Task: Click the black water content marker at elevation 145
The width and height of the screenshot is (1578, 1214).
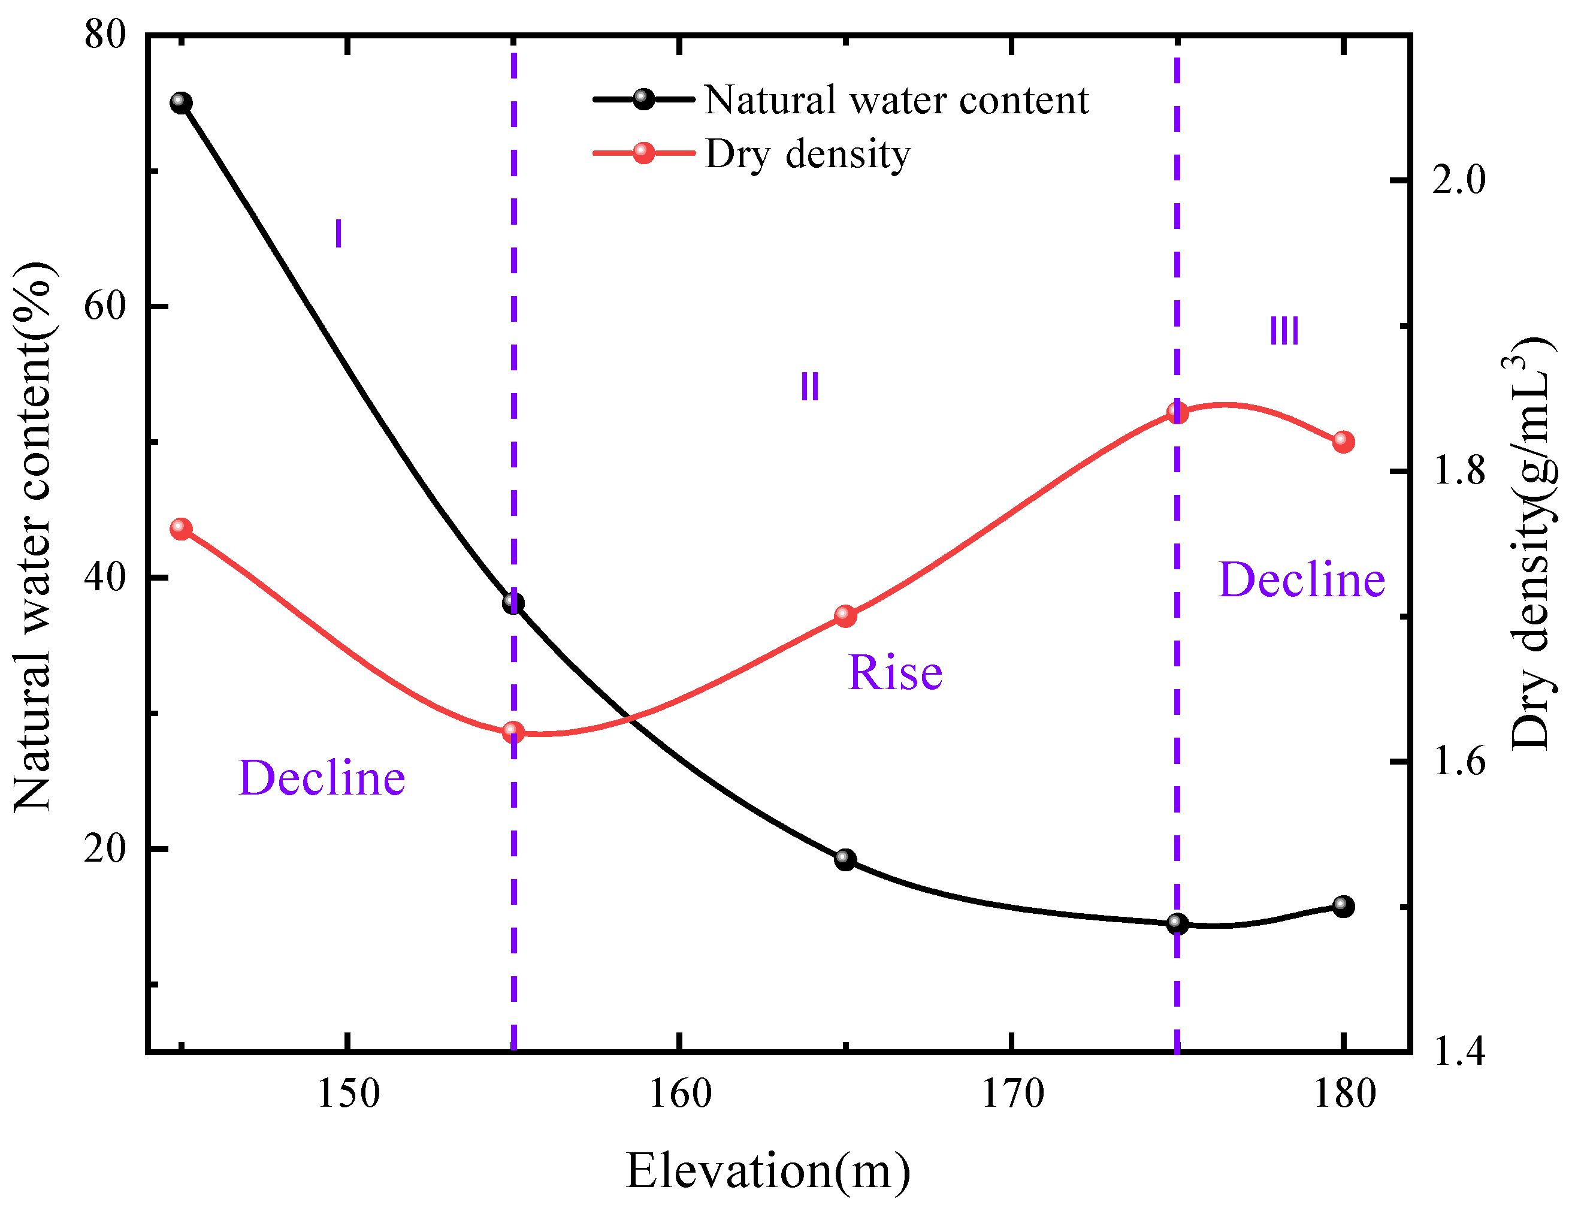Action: [182, 103]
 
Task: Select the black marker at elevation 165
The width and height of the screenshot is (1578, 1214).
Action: [845, 859]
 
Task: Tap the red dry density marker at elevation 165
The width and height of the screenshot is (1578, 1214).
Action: [845, 615]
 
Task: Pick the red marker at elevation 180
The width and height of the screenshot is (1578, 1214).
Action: [1343, 442]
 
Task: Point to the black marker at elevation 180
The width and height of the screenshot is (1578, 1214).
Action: [1343, 905]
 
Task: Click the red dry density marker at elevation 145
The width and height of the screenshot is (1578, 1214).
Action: [182, 529]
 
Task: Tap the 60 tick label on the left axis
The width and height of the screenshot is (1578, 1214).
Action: [105, 306]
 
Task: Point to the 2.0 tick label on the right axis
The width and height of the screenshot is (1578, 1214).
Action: [1459, 180]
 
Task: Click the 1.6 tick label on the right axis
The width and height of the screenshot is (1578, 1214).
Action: [1459, 762]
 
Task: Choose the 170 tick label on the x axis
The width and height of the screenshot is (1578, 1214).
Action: [1011, 1094]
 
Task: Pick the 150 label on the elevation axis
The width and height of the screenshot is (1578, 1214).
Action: [348, 1094]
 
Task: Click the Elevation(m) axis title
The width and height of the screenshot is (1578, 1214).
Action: [767, 1171]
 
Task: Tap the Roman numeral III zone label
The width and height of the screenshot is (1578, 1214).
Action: [1284, 332]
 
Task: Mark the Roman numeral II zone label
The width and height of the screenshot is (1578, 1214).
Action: [809, 386]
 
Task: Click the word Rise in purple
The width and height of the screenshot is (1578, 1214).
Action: [894, 673]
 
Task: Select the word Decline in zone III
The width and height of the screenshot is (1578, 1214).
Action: [1301, 579]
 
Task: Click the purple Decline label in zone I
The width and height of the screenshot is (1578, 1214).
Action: [322, 778]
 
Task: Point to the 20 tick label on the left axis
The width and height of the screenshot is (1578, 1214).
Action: [105, 849]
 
